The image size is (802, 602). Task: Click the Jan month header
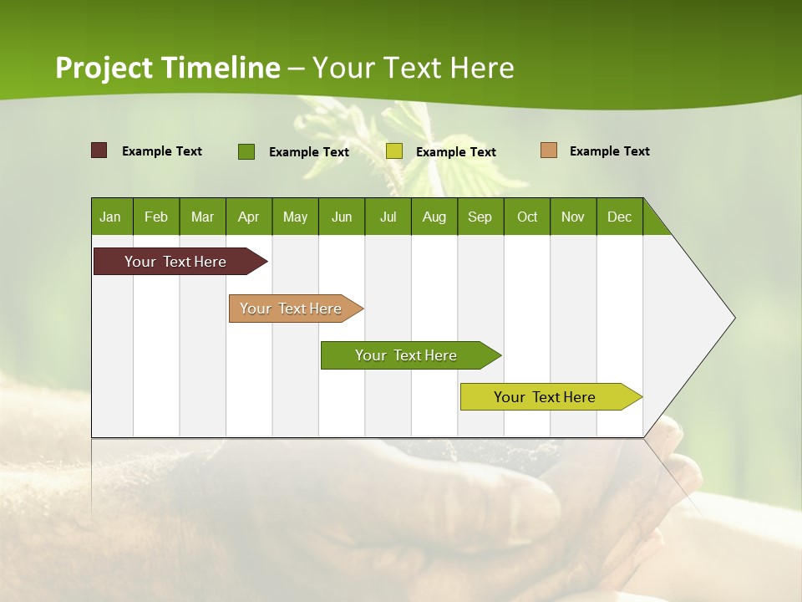[110, 217]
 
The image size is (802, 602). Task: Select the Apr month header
[248, 217]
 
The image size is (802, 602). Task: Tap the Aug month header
[434, 217]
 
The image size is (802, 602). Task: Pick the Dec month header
[619, 217]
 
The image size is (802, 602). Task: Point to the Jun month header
[341, 217]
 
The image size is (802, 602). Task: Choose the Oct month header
[527, 217]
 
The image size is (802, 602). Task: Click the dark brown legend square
[99, 150]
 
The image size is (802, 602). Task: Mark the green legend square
[246, 151]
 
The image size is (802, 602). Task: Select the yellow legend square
[394, 151]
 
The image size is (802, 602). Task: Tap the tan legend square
[548, 150]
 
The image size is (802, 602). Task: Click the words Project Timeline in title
[167, 68]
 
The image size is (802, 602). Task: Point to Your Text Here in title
[413, 68]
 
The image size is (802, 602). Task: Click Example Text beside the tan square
[609, 151]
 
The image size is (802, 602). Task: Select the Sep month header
[480, 217]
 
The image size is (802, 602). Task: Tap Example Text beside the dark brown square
[161, 151]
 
